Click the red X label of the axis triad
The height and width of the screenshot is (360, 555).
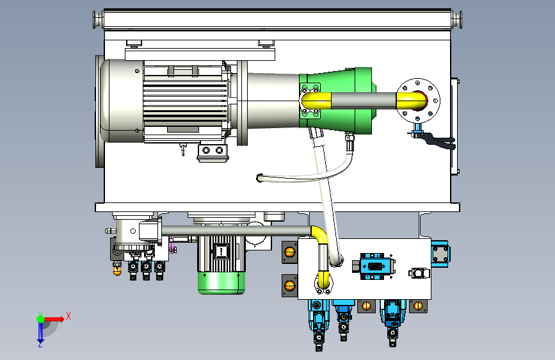coord(68,316)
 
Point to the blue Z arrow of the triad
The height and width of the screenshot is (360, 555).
coord(40,333)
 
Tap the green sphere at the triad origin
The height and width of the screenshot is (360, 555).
coord(41,319)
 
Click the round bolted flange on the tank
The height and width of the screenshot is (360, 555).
coord(418,101)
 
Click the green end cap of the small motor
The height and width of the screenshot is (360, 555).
coord(221,283)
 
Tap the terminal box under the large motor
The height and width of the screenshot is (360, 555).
coord(213,152)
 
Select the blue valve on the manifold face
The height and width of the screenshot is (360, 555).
coord(376,266)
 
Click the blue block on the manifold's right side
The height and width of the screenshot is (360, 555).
coord(440,252)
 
